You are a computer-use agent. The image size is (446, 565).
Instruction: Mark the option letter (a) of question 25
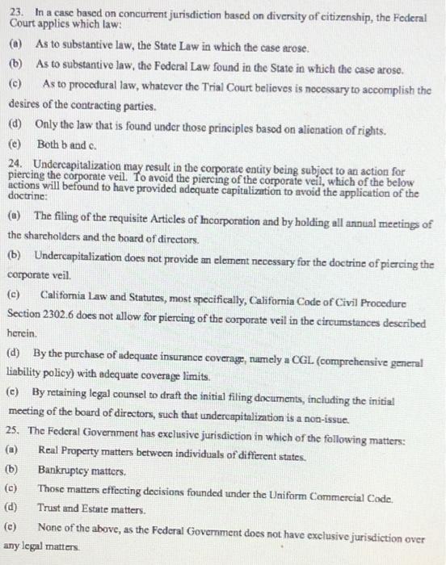click(13, 448)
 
